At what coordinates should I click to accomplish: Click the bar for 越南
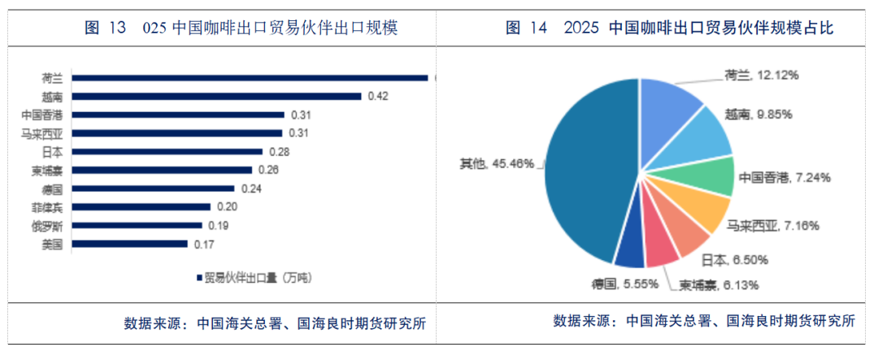click(215, 96)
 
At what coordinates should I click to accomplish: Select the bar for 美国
click(129, 243)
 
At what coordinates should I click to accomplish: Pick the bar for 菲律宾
click(141, 206)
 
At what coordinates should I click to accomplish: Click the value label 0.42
click(378, 97)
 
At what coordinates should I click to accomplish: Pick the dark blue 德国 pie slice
click(630, 254)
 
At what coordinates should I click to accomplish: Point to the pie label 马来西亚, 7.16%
click(772, 224)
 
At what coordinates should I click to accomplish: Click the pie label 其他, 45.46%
click(497, 164)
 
